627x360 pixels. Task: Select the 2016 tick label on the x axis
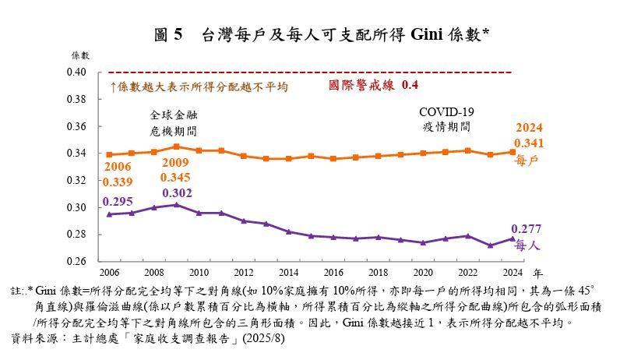[333, 273]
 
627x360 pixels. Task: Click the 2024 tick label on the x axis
[511, 273]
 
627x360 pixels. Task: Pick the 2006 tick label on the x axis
[109, 273]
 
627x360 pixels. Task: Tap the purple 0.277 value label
[530, 229]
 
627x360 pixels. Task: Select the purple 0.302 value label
[176, 192]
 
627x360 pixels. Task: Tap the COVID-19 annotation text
[446, 111]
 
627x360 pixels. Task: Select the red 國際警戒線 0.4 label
[375, 84]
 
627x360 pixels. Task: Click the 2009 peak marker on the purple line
[176, 205]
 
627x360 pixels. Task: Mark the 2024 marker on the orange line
[511, 152]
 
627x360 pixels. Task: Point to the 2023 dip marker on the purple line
[488, 245]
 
